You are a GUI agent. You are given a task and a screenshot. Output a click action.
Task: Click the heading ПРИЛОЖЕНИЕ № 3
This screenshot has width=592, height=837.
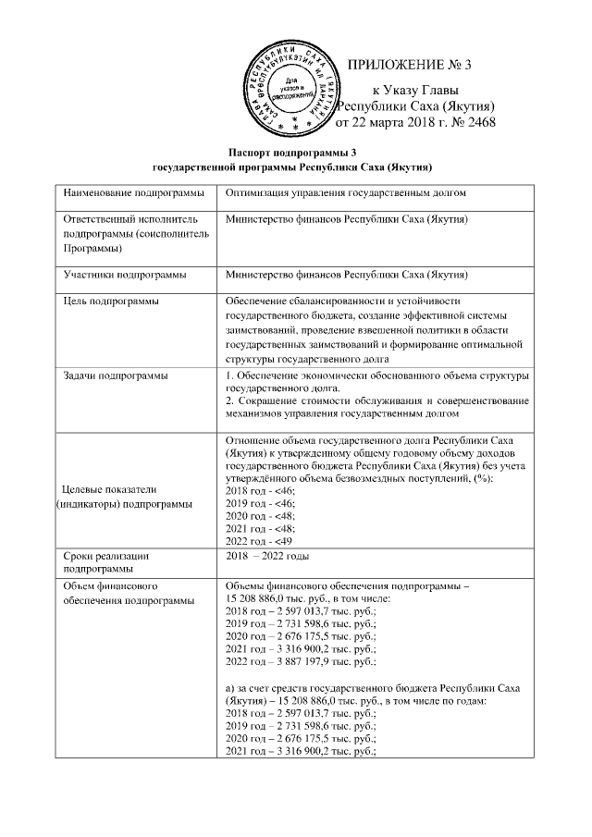409,65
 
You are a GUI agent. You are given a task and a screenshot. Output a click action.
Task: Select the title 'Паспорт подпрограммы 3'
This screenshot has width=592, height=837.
292,152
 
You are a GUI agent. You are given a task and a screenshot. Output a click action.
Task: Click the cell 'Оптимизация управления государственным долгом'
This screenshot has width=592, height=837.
344,193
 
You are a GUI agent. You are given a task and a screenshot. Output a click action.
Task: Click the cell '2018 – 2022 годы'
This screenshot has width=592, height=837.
269,556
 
